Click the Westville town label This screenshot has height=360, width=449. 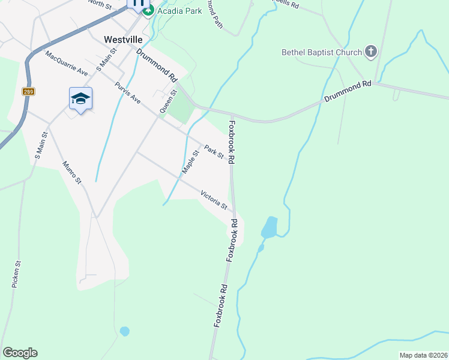[x=122, y=39]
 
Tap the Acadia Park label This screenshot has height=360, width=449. [x=180, y=10]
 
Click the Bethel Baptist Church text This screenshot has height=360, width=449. [x=321, y=52]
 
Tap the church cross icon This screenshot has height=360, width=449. [x=370, y=52]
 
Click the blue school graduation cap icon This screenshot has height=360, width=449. [x=80, y=98]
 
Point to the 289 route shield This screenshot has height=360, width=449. [x=28, y=91]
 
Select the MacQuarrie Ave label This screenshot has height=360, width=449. [x=66, y=64]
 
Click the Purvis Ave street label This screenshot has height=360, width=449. [x=127, y=92]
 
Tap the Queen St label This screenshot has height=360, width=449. [x=168, y=101]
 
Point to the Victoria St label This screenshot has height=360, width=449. [x=214, y=200]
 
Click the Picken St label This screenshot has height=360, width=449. [x=17, y=274]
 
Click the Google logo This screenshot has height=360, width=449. [x=20, y=353]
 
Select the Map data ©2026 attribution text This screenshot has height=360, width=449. [x=423, y=355]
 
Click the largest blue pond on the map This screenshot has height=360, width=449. [x=270, y=227]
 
